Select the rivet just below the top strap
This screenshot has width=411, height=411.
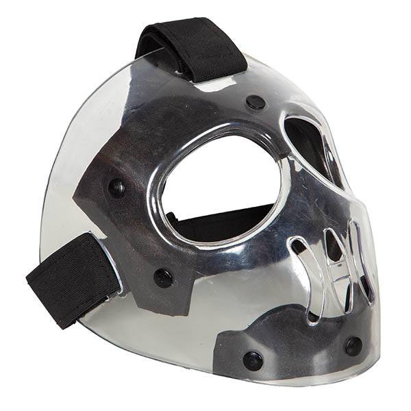(256, 102)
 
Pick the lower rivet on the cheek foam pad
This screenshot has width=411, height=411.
(163, 277)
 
